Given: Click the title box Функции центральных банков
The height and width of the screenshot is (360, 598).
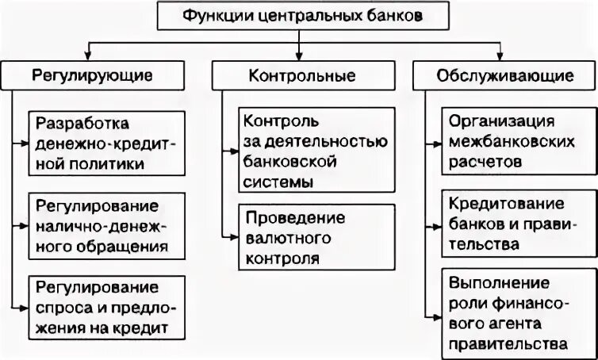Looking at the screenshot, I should [298, 15].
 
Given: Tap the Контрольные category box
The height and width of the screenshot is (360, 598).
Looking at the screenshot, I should [298, 76].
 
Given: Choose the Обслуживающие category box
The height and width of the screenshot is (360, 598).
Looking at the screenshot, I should [505, 76].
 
